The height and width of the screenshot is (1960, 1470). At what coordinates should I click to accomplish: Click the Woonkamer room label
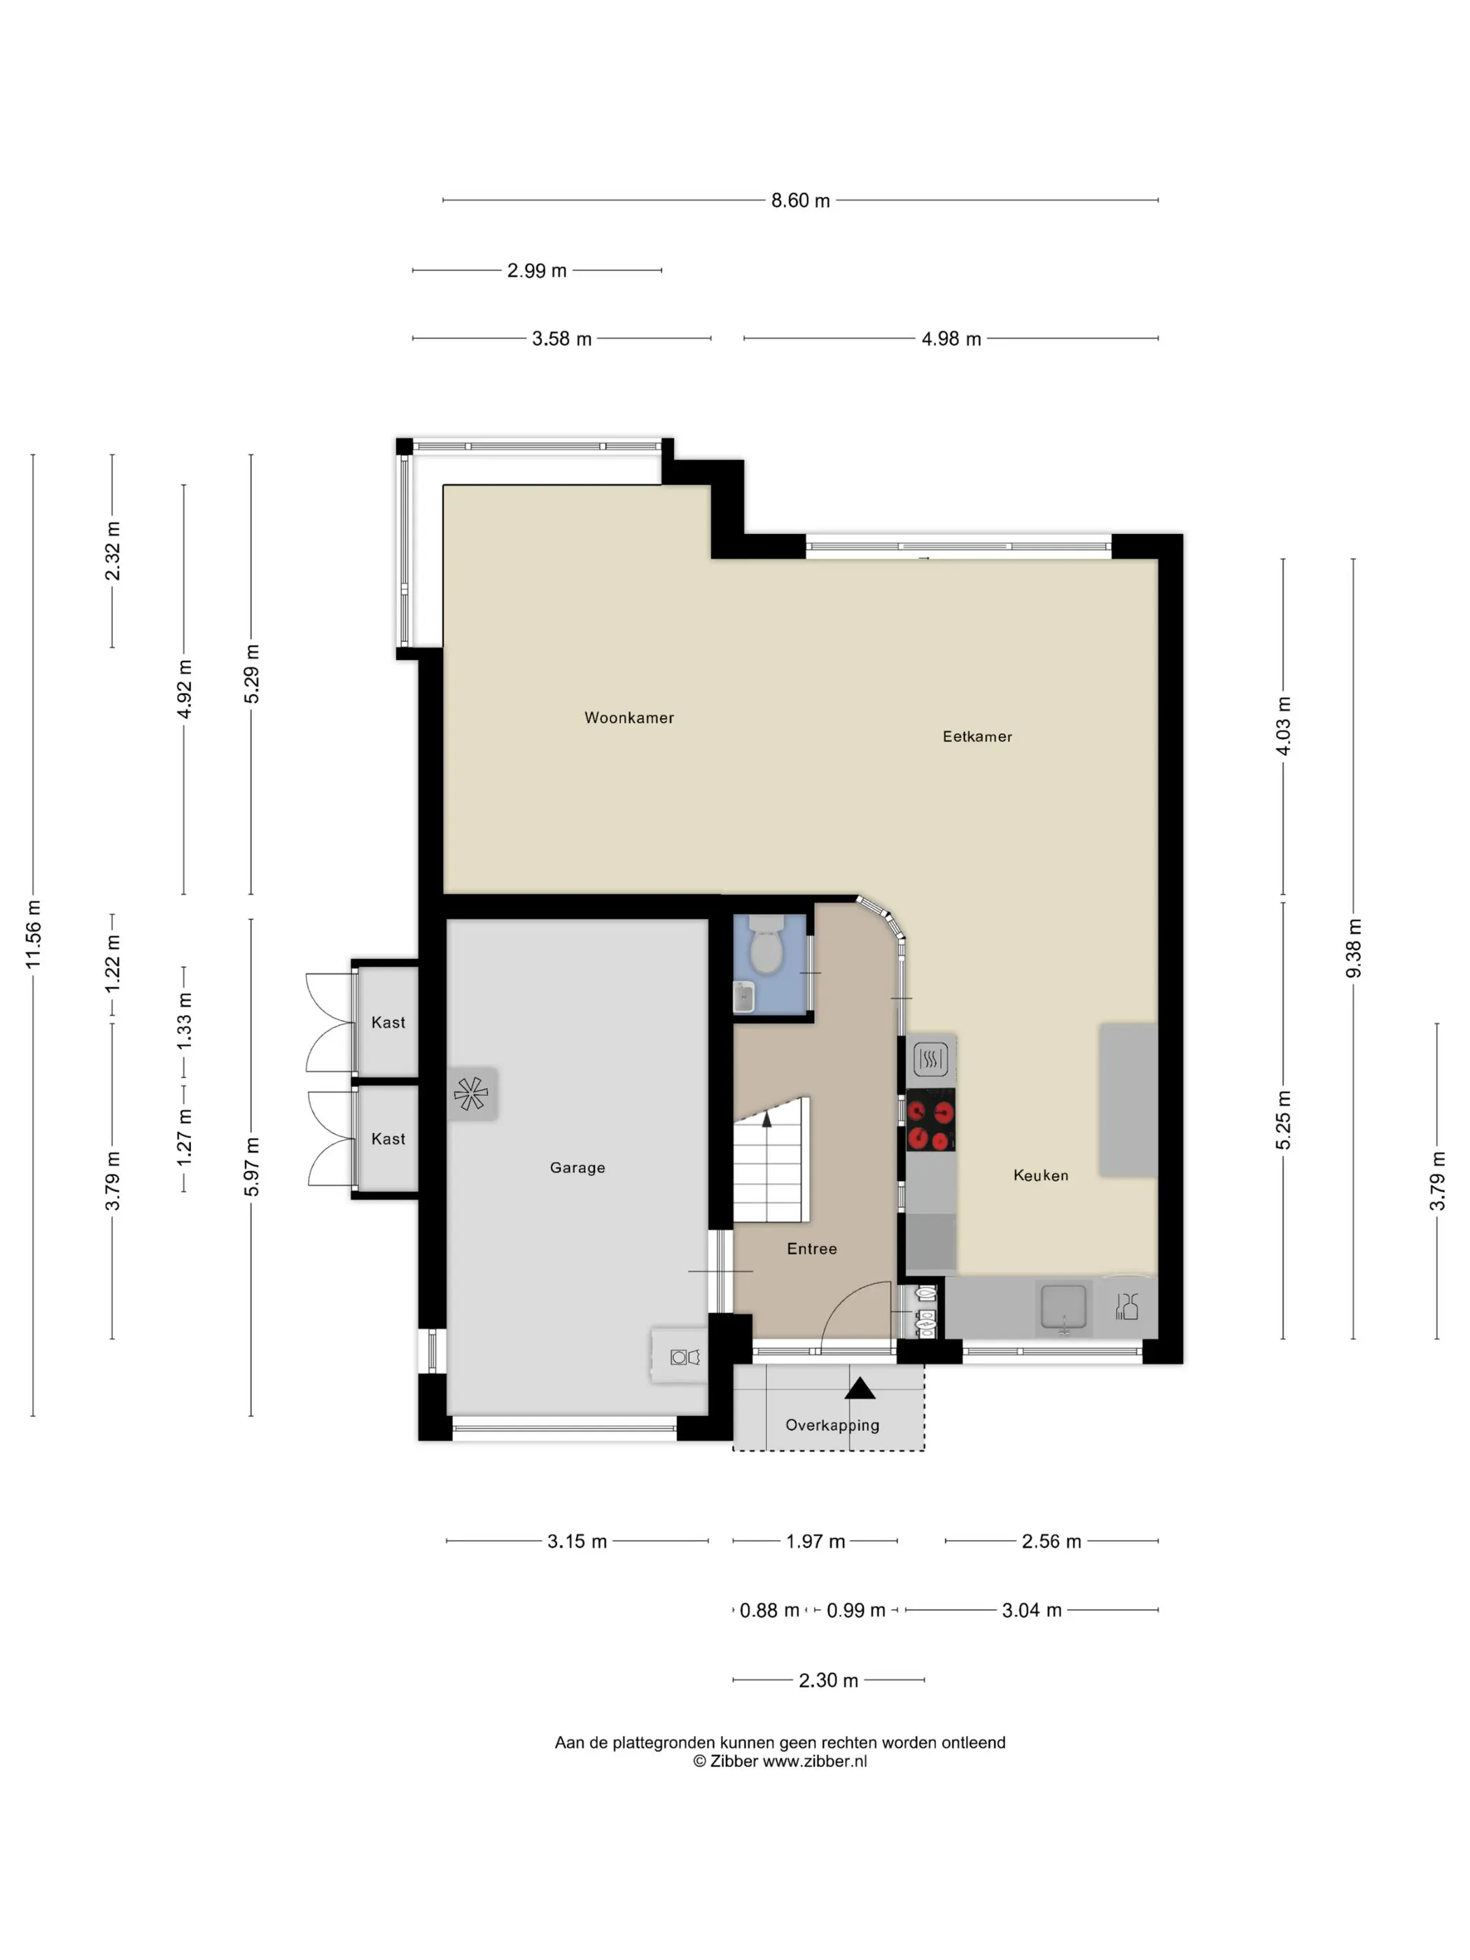(629, 717)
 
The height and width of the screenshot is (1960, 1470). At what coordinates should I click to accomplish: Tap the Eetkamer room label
(976, 736)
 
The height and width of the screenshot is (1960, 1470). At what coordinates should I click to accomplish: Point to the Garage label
(577, 1168)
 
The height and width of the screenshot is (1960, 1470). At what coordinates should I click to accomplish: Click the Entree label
(811, 1249)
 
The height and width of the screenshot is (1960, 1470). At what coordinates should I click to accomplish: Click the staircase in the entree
(770, 1161)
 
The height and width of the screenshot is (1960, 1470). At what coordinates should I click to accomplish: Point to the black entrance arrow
(860, 1389)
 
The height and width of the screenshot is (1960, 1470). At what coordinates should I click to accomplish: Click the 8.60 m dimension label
(800, 200)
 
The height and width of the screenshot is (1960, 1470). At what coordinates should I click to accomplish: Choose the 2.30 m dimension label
(829, 1680)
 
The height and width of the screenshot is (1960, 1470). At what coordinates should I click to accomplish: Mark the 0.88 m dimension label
(769, 1610)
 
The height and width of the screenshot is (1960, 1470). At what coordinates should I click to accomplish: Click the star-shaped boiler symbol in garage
(471, 1093)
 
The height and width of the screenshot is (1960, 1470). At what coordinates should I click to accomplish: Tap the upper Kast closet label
(388, 1023)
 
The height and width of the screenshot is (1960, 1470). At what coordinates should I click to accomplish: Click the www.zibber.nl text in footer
(814, 1761)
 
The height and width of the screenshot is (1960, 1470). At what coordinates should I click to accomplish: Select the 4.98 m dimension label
(951, 339)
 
